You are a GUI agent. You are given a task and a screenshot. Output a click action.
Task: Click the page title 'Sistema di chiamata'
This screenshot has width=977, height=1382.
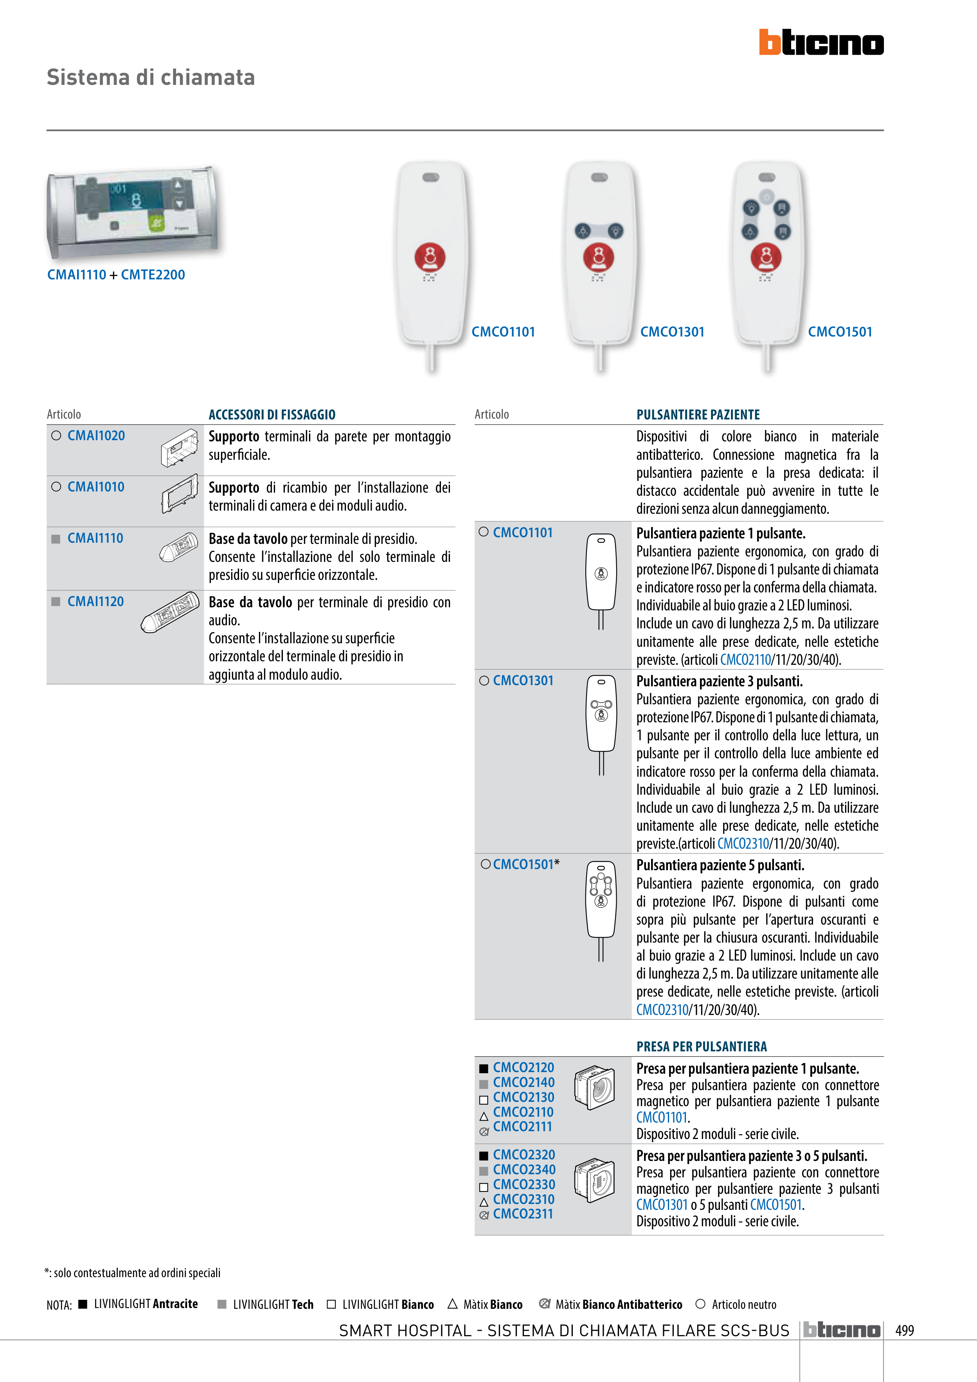151,77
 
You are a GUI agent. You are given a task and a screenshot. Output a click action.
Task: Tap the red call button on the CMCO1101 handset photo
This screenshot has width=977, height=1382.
430,257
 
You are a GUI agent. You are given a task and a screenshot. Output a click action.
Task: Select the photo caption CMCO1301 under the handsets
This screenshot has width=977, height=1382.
672,332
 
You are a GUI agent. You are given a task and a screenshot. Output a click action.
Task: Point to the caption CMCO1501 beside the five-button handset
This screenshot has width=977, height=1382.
840,332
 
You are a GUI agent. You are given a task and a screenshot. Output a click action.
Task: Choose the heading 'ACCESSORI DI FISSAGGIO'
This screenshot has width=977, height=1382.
272,415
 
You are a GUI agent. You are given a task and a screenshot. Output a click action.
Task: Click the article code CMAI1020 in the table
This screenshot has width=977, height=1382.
96,436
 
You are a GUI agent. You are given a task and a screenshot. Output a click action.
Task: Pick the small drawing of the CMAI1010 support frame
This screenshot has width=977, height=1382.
179,493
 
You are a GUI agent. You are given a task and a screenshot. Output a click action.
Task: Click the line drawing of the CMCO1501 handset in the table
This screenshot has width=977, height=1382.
601,909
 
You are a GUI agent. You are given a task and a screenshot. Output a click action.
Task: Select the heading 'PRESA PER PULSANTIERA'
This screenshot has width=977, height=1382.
701,1047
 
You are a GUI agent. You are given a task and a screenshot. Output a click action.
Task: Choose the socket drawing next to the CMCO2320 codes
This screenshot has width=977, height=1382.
594,1180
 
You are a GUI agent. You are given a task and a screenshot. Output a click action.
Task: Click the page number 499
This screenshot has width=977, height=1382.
904,1330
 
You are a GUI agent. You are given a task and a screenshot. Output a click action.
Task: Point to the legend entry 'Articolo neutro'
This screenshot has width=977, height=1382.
743,1305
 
